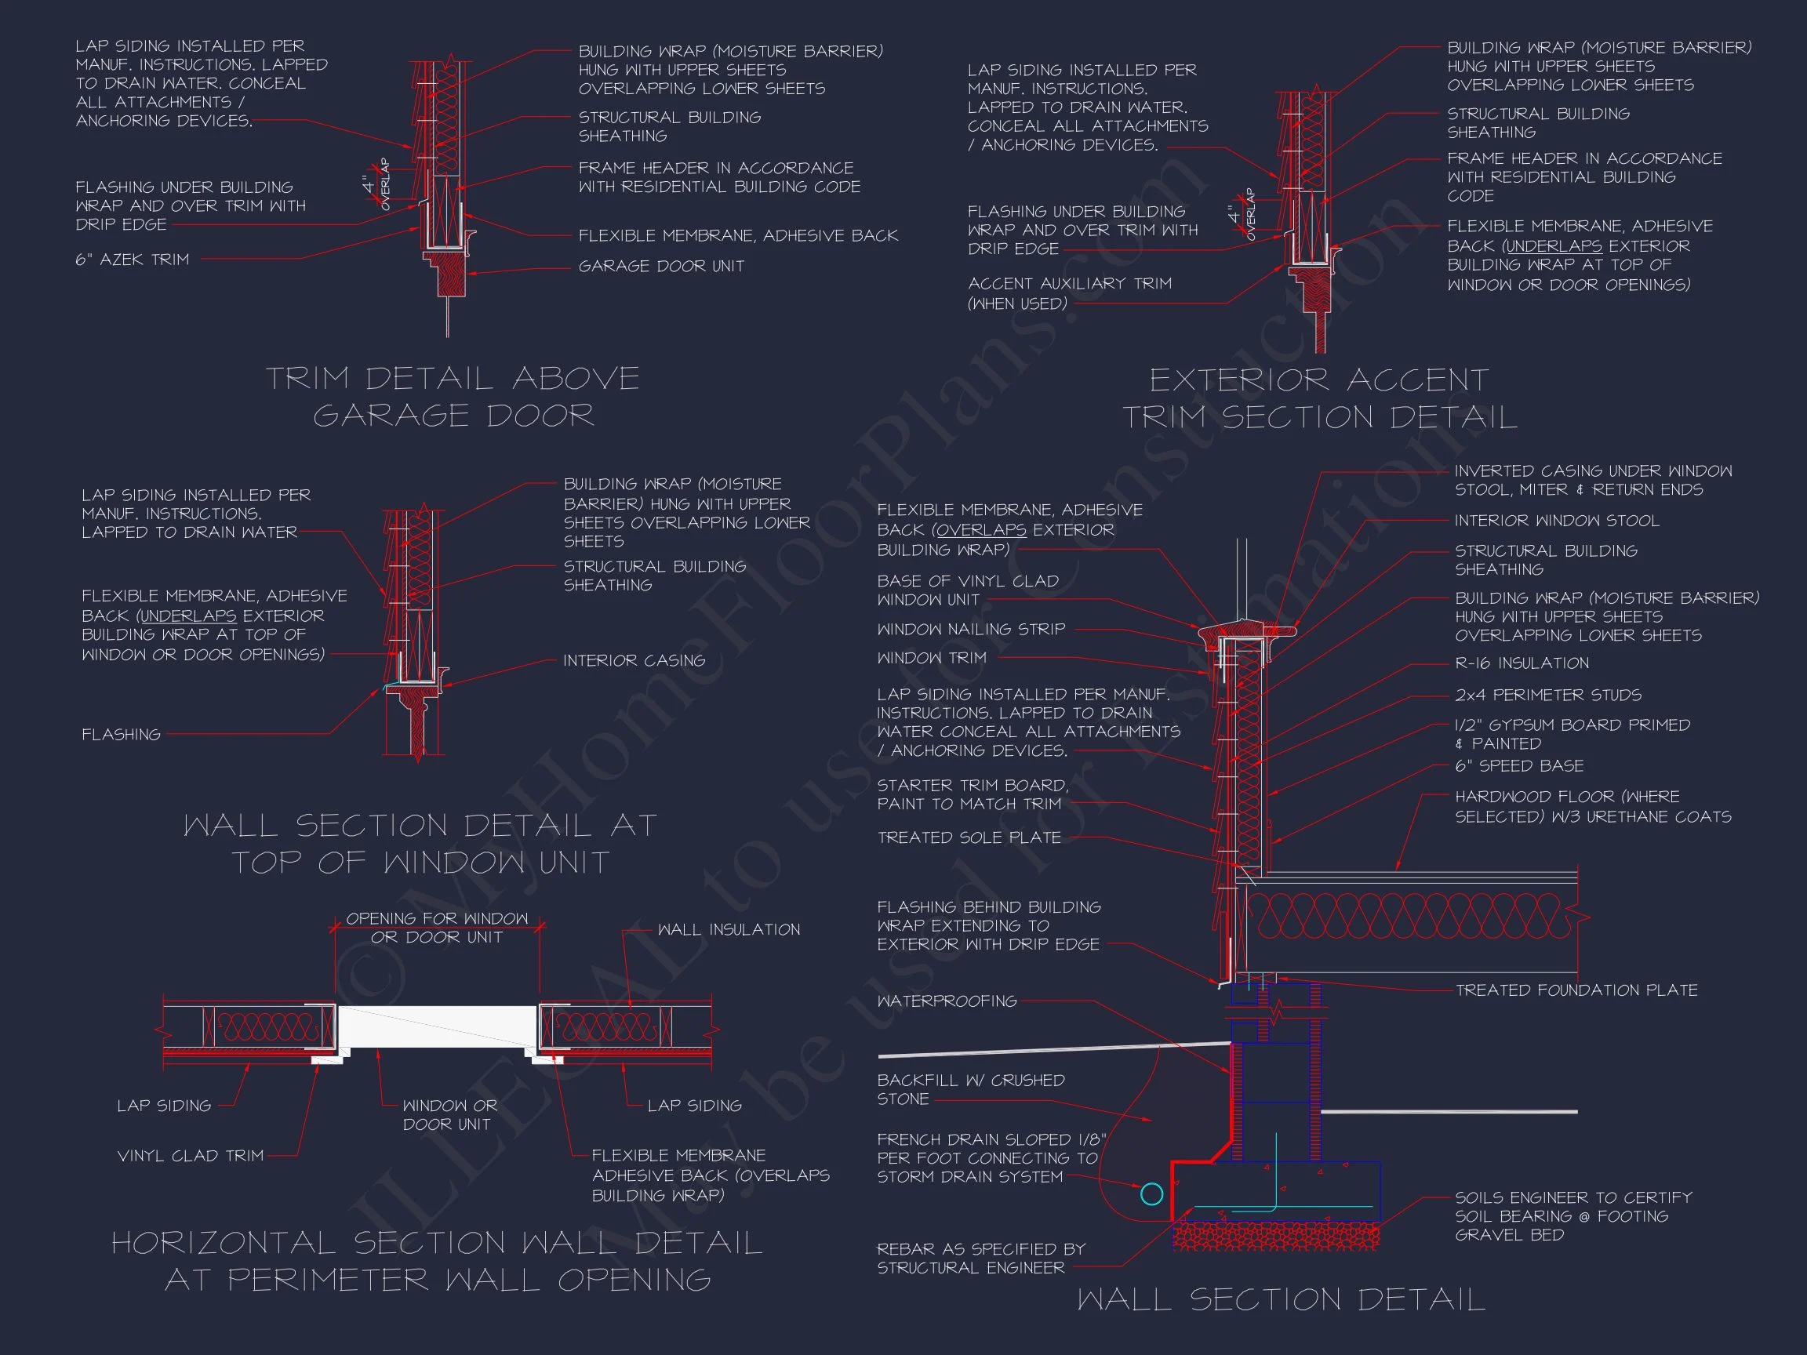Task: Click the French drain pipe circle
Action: (1151, 1194)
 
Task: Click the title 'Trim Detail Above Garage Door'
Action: (453, 397)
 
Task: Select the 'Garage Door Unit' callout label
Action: (661, 267)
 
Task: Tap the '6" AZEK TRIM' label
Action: (133, 260)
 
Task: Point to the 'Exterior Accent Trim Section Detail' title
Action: (1319, 398)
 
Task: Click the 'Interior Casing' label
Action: (634, 660)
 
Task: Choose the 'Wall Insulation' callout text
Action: (729, 929)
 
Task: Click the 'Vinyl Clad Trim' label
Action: (191, 1156)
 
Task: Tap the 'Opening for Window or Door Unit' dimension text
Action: (437, 928)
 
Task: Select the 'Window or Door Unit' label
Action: (449, 1115)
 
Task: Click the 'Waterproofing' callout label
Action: (947, 1001)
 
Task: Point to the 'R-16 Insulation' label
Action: (1521, 663)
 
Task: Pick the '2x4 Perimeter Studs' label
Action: (1547, 695)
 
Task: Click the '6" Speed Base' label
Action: (1518, 766)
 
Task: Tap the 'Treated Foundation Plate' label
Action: (1576, 990)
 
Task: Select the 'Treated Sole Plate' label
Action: (969, 838)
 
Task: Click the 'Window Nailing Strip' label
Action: (970, 629)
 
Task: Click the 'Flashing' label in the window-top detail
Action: (121, 734)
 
